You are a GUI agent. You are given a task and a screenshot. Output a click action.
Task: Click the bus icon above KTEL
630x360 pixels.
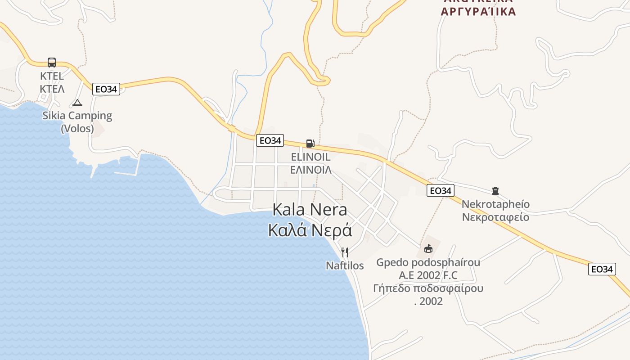pyautogui.click(x=52, y=63)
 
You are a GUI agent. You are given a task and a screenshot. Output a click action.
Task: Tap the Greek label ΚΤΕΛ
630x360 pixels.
pyautogui.click(x=52, y=89)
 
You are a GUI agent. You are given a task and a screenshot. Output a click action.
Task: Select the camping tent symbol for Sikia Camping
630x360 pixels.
pyautogui.click(x=77, y=103)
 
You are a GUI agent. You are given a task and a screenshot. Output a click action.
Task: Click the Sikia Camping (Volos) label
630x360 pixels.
pyautogui.click(x=77, y=121)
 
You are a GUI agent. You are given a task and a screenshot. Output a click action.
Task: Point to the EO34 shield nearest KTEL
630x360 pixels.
pyautogui.click(x=106, y=89)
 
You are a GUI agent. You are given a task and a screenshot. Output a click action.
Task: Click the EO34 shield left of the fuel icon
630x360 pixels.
pyautogui.click(x=270, y=140)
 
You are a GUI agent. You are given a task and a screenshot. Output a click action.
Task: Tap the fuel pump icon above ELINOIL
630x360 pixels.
pyautogui.click(x=310, y=144)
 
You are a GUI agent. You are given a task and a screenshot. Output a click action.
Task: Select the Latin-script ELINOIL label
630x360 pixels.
pyautogui.click(x=310, y=157)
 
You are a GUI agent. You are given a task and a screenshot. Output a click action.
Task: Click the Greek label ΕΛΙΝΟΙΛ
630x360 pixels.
pyautogui.click(x=310, y=170)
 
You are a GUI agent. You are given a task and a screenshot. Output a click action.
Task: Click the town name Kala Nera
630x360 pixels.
pyautogui.click(x=310, y=210)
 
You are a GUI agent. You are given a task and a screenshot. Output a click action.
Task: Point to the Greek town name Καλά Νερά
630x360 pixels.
pyautogui.click(x=310, y=230)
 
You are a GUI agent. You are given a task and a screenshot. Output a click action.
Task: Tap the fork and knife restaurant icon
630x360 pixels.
pyautogui.click(x=345, y=252)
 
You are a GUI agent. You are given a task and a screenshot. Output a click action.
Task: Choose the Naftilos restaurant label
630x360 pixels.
pyautogui.click(x=345, y=265)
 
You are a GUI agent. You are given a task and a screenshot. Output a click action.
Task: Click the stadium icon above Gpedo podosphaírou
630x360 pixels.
pyautogui.click(x=428, y=248)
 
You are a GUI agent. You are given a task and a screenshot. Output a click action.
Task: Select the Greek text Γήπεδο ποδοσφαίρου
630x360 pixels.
pyautogui.click(x=428, y=288)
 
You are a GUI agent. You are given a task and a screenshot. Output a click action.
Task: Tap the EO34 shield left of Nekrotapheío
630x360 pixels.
pyautogui.click(x=440, y=190)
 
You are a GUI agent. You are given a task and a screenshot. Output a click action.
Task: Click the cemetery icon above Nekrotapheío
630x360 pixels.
pyautogui.click(x=495, y=191)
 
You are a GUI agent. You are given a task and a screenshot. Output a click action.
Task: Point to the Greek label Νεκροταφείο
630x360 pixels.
pyautogui.click(x=495, y=217)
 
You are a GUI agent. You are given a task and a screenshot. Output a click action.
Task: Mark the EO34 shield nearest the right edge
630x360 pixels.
pyautogui.click(x=602, y=269)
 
